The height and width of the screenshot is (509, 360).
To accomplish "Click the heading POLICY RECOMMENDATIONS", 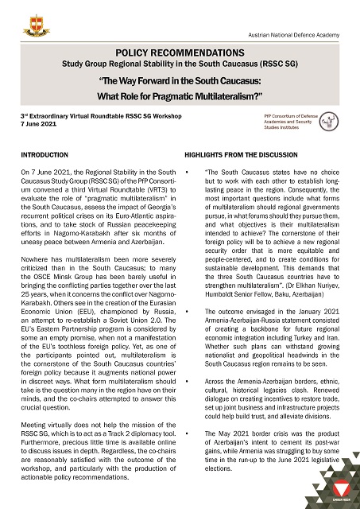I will (x=180, y=49).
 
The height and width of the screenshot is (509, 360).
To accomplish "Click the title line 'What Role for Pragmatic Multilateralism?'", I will (x=180, y=96).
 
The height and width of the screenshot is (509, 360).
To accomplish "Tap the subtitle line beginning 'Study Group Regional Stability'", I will (x=180, y=61).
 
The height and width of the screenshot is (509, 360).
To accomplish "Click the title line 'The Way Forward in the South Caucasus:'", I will (x=180, y=82).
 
